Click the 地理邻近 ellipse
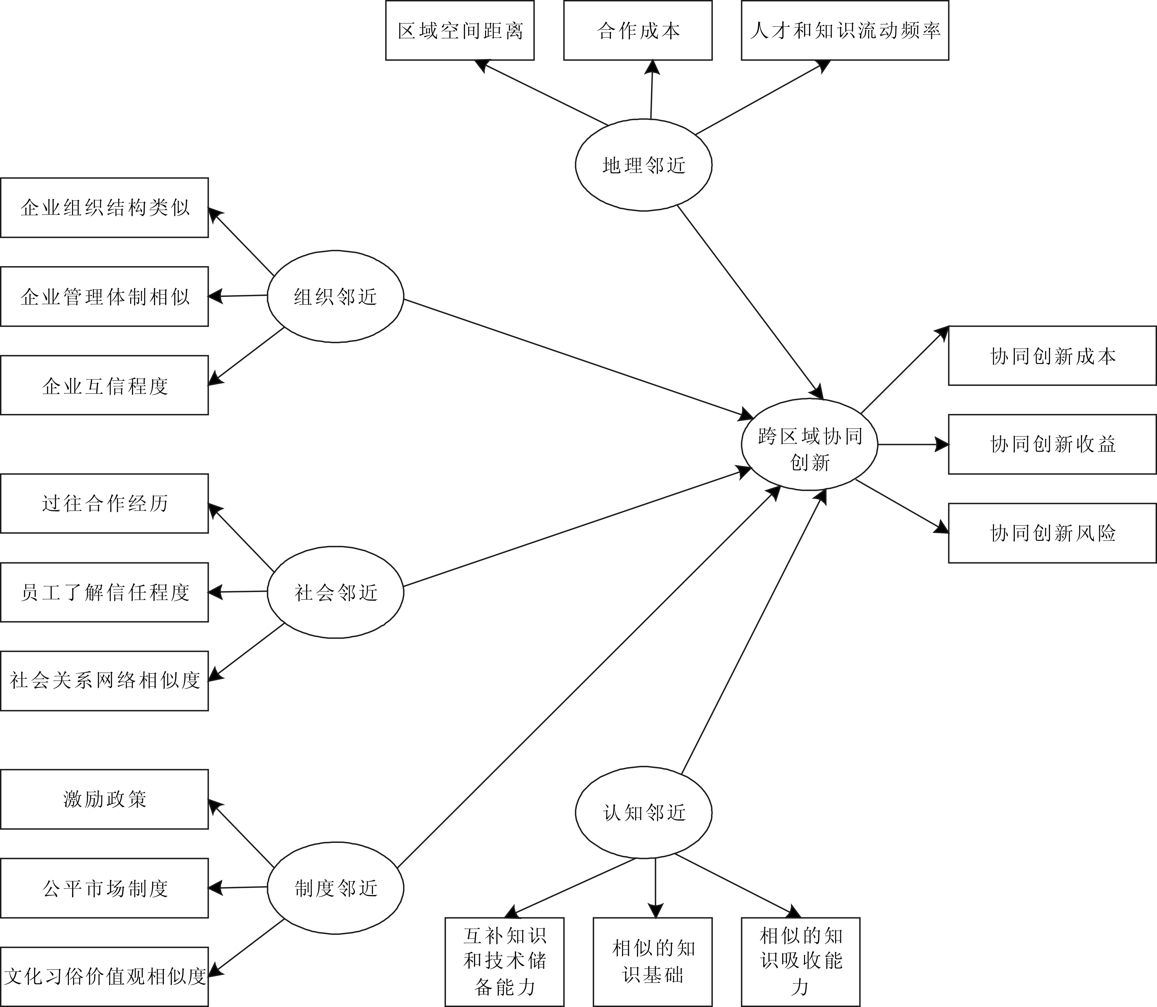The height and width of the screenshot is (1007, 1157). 643,165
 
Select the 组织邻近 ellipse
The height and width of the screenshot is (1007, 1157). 335,296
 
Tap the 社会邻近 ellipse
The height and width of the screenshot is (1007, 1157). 335,592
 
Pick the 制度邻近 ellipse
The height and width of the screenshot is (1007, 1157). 335,888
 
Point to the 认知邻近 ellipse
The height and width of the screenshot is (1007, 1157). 643,812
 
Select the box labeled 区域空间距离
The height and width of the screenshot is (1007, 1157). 460,30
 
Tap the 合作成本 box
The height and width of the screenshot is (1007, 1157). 638,30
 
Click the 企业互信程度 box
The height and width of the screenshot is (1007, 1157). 104,386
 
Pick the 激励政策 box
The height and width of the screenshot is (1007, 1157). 104,799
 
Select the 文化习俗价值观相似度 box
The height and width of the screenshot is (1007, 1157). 104,977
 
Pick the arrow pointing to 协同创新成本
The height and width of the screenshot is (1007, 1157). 905,370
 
